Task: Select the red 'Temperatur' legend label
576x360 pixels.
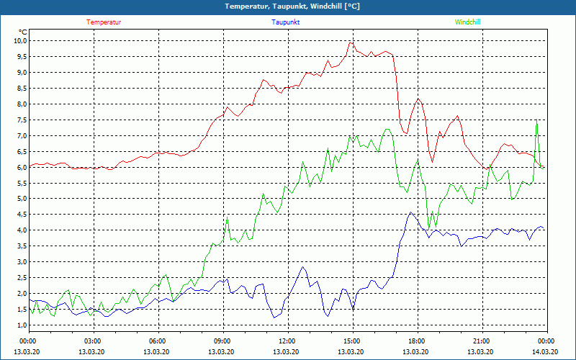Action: (x=104, y=22)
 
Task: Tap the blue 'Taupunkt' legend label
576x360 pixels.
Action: (x=286, y=22)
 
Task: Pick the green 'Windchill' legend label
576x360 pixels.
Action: (x=467, y=22)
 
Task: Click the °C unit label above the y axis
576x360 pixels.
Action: (x=23, y=32)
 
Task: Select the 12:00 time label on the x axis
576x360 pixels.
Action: (x=287, y=341)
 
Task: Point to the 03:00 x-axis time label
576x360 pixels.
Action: (x=93, y=341)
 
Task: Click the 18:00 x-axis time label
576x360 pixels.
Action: (x=416, y=341)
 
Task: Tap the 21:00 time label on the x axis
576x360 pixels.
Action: (x=481, y=341)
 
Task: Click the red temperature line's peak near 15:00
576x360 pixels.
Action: (x=351, y=42)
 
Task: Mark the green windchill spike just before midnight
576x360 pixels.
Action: (x=536, y=121)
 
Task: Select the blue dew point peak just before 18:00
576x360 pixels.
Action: (x=410, y=212)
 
